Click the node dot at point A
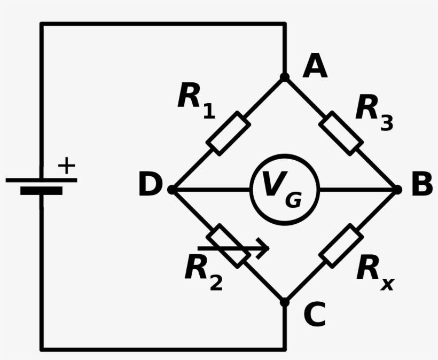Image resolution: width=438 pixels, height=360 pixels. click(x=285, y=77)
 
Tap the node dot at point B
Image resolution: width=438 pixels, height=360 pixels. click(x=397, y=190)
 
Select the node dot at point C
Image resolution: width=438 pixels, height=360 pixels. click(x=285, y=302)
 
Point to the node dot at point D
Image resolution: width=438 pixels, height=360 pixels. click(x=171, y=190)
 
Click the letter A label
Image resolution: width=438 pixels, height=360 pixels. click(x=315, y=67)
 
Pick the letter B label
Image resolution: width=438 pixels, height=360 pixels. click(x=421, y=185)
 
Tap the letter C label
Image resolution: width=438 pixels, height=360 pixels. click(x=315, y=315)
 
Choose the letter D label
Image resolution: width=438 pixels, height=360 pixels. click(x=150, y=185)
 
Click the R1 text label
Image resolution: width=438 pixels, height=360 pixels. click(x=195, y=100)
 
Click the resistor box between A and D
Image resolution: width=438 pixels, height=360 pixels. click(x=228, y=134)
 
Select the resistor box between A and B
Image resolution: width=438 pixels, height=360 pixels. click(x=341, y=134)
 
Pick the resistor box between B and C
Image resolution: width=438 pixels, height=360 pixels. click(x=341, y=246)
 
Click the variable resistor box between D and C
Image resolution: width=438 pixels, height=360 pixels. click(x=228, y=246)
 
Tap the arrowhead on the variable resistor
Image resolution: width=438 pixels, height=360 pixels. click(x=263, y=248)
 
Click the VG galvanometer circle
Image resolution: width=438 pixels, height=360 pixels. click(x=285, y=190)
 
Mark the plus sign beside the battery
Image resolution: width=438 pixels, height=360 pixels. click(x=66, y=166)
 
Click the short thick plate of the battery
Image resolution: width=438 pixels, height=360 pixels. click(x=41, y=191)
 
